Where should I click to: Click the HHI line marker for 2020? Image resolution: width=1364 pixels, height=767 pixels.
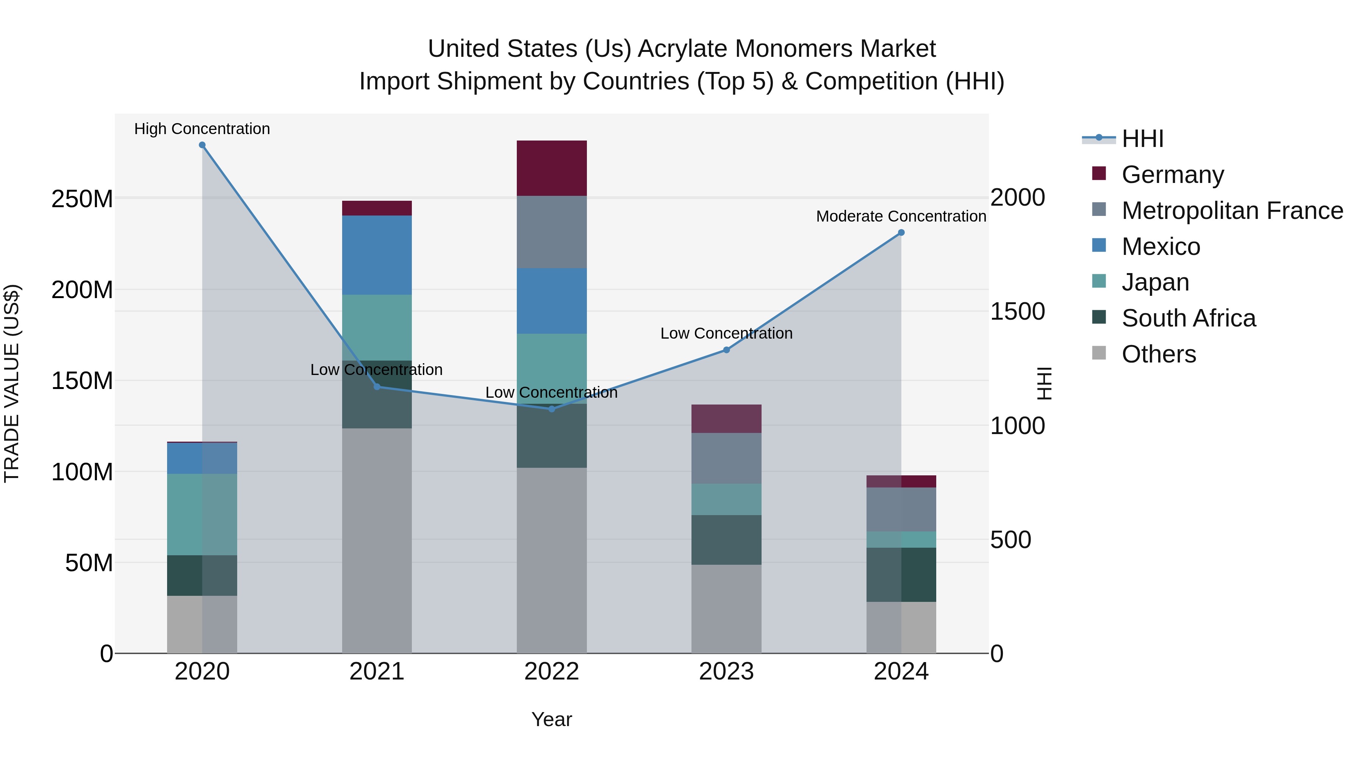(202, 145)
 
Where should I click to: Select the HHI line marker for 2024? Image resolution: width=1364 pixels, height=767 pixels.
(901, 233)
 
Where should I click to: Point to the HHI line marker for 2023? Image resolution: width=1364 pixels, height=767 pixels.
(726, 350)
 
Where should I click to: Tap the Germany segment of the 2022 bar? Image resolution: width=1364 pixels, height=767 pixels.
(552, 168)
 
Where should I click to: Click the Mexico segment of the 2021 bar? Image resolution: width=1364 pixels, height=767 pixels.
(377, 255)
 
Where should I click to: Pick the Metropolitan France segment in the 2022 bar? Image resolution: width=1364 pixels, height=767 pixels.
(552, 232)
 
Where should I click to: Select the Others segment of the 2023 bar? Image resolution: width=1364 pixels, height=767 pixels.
(726, 609)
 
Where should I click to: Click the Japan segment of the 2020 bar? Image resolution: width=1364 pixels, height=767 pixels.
(202, 514)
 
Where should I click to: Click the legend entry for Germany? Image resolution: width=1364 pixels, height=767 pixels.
(1172, 175)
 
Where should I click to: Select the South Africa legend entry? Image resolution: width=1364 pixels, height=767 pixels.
(1188, 318)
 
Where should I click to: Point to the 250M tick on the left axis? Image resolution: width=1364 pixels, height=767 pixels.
(82, 199)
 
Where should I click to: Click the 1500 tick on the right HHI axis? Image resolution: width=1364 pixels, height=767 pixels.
(1017, 311)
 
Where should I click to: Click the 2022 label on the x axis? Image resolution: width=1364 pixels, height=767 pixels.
(552, 672)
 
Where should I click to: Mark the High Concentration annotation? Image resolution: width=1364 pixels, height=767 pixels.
(202, 129)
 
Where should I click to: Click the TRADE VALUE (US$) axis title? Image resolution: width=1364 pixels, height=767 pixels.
(12, 383)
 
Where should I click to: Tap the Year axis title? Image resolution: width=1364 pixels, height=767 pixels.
(552, 719)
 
